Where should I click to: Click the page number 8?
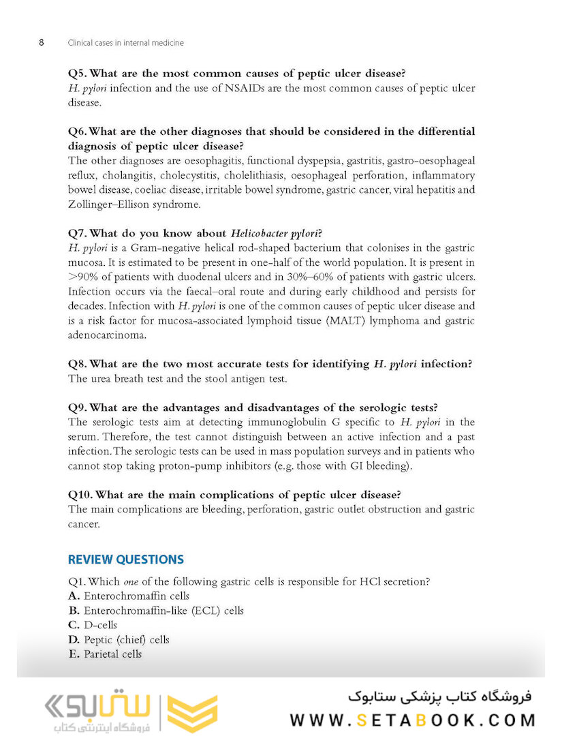pyautogui.click(x=42, y=42)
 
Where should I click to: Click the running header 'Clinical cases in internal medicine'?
pyautogui.click(x=125, y=42)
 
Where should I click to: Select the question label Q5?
pyautogui.click(x=78, y=74)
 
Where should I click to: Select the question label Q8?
pyautogui.click(x=78, y=364)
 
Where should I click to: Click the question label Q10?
pyautogui.click(x=80, y=495)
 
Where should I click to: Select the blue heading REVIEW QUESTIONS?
pyautogui.click(x=126, y=559)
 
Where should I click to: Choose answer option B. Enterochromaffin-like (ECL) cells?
pyautogui.click(x=156, y=611)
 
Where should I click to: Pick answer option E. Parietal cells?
pyautogui.click(x=106, y=654)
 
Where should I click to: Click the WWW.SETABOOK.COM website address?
pyautogui.click(x=412, y=720)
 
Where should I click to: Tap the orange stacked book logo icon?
pyautogui.click(x=193, y=714)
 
